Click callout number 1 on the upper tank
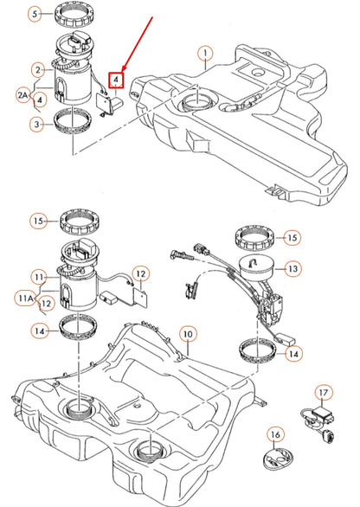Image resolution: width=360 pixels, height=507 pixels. coord(205,60)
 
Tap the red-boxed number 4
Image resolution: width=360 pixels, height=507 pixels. coord(114,80)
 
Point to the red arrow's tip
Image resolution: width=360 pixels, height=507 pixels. coord(124,71)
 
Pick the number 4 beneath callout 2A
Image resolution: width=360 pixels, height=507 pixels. coord(39,100)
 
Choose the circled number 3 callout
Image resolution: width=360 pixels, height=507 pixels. coord(35,125)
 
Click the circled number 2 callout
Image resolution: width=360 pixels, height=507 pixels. coord(38,69)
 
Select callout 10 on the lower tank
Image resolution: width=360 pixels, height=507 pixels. coord(184,333)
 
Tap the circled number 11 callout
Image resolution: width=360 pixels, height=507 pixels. coord(38,276)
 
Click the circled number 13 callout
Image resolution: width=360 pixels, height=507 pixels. coord(292,269)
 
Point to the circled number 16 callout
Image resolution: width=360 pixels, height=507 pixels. coord(275,433)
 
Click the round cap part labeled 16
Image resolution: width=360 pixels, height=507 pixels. coord(275,459)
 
